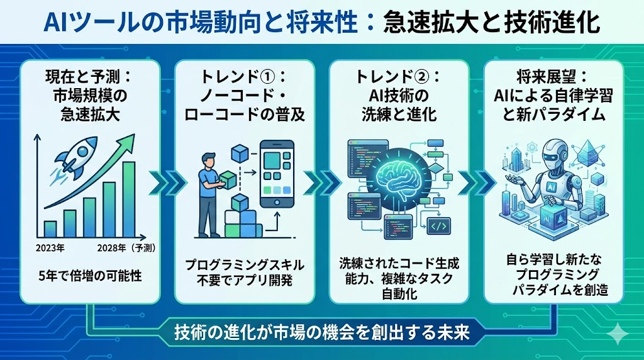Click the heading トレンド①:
pyautogui.click(x=243, y=77)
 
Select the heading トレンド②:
pyautogui.click(x=398, y=77)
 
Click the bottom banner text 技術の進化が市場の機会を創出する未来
pyautogui.click(x=322, y=332)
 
